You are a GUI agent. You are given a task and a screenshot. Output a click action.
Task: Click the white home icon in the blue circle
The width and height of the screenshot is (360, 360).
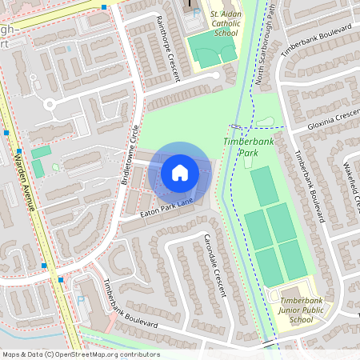tap(180, 172)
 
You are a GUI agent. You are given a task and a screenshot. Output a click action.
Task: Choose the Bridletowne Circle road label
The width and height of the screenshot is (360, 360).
tap(129, 154)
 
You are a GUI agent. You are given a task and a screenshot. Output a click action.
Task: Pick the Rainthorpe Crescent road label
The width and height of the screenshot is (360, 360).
tap(170, 47)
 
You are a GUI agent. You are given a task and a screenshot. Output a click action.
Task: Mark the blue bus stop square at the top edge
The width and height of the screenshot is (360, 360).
tap(104, 6)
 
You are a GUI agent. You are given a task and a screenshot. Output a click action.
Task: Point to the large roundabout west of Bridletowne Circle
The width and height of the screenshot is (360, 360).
tap(50, 103)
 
